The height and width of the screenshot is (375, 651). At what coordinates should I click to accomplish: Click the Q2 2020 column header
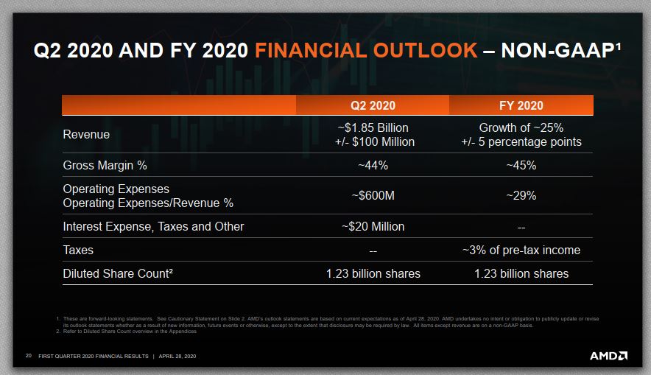coord(373,105)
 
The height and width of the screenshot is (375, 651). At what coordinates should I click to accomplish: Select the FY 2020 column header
coord(521,105)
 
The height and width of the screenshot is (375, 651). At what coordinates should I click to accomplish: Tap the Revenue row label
coord(86,134)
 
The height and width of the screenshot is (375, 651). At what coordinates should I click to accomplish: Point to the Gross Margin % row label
coord(105,165)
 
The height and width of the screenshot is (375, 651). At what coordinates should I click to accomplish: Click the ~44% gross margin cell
coord(373,165)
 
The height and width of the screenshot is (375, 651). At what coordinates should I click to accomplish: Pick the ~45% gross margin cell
coord(521,165)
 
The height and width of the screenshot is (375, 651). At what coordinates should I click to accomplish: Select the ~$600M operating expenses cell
coord(373,196)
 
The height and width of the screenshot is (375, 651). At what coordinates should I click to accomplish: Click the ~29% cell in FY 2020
coord(521,196)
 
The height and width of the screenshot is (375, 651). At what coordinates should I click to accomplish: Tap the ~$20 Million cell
coord(373,226)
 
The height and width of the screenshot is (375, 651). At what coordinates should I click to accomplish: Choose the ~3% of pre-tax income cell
coord(521,250)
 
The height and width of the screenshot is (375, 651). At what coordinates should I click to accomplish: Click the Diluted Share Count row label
coord(118,273)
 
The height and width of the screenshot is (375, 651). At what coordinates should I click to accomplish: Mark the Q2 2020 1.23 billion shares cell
coord(373,273)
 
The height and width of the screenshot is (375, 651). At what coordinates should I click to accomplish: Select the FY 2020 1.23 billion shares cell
coord(521,273)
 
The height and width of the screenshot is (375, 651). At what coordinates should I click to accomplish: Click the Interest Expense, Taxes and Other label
coord(153,226)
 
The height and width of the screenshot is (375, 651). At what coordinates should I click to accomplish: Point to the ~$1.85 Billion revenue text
coord(373,127)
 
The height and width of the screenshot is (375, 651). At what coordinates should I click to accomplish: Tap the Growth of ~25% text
coord(521,127)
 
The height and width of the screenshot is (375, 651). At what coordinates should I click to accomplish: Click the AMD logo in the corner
coord(608,356)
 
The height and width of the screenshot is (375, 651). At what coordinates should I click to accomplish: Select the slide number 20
coord(29,357)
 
